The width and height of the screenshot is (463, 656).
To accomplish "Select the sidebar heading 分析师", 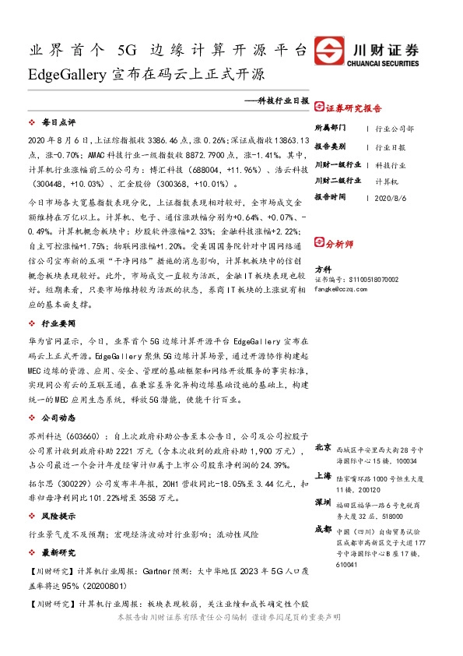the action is click(x=338, y=244).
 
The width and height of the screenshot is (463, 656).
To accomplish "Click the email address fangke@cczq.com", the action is click(x=339, y=287).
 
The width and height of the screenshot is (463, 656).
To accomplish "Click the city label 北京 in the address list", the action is click(x=323, y=449).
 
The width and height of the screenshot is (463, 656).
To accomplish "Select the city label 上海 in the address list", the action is click(x=323, y=475).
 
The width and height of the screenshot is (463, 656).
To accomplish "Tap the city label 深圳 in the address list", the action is click(x=323, y=503).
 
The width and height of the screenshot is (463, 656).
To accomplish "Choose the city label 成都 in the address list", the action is click(x=323, y=529).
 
